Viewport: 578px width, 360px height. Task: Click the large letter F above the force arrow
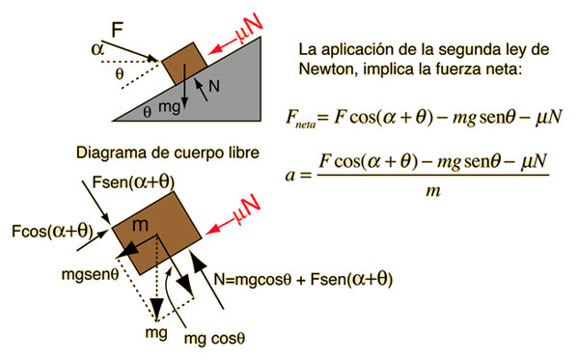[x=117, y=30]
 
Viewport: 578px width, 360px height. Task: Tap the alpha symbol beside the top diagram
[x=97, y=49]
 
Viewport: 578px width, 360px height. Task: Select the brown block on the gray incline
[x=184, y=64]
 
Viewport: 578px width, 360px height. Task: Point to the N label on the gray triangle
[x=214, y=86]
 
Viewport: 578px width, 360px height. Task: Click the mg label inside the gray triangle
[x=169, y=107]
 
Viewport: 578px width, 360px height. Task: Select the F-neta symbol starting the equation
[x=301, y=119]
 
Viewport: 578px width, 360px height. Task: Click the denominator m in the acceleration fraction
[x=433, y=191]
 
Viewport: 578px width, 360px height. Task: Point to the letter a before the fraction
[x=290, y=175]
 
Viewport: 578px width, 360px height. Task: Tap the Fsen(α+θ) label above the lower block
[x=133, y=182]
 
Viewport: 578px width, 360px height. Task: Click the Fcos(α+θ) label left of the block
[x=52, y=232]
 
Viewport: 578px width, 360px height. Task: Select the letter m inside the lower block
[x=140, y=225]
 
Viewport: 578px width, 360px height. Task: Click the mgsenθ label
[x=91, y=275]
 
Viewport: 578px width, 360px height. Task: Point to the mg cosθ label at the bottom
[x=214, y=339]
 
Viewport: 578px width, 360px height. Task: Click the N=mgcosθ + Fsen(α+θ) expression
[x=303, y=279]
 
